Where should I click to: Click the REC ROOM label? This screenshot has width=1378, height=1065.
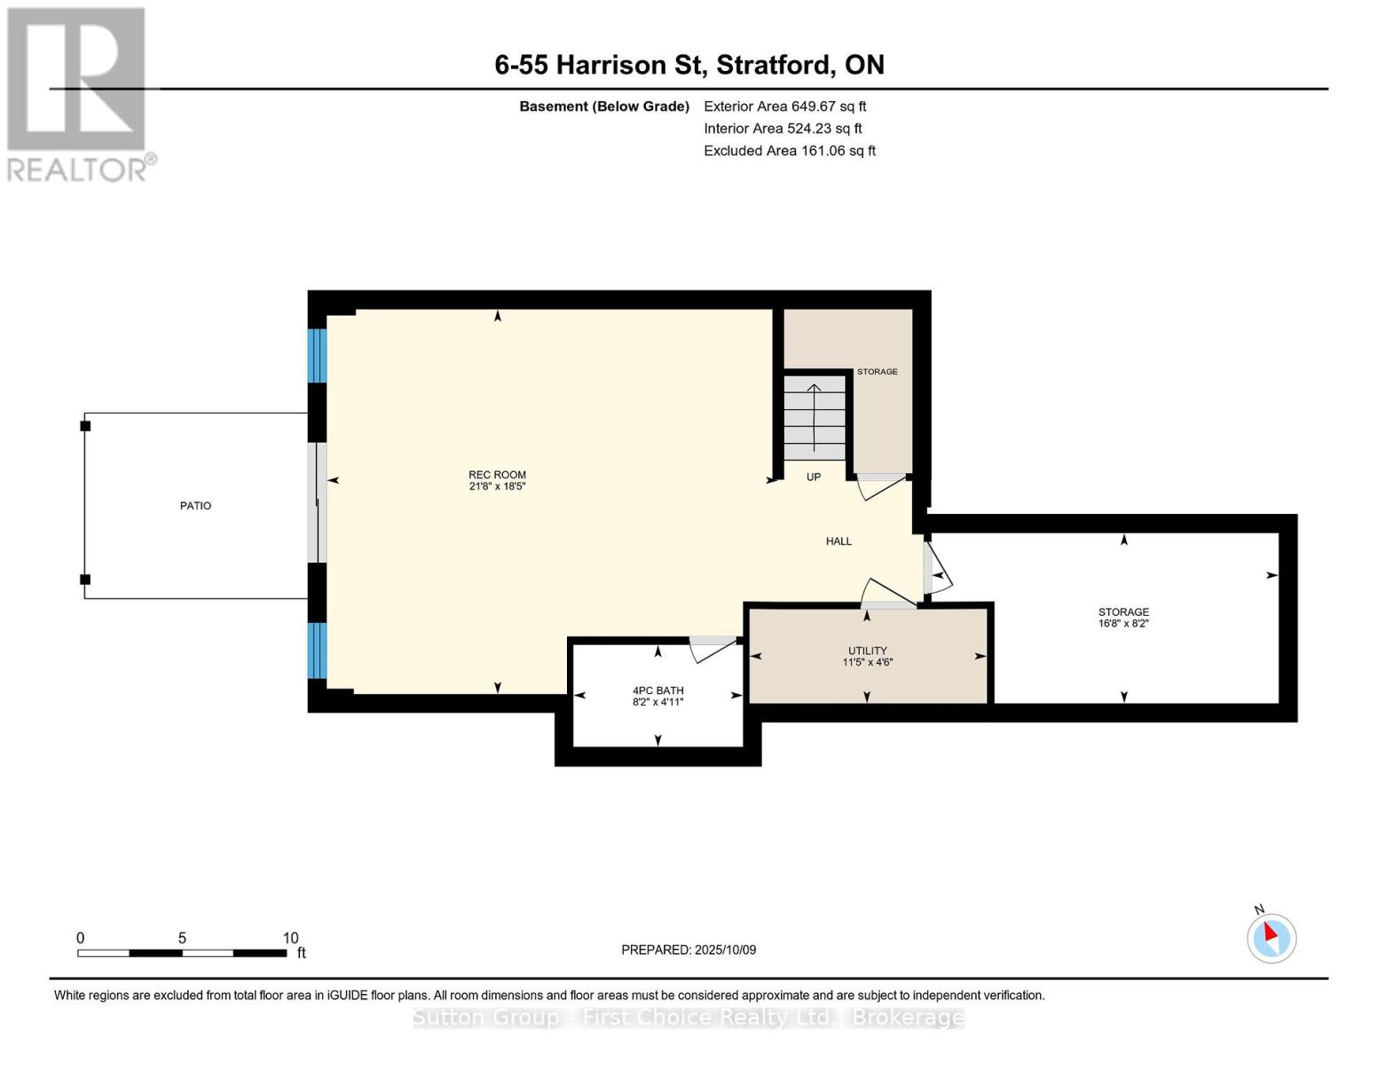click(x=497, y=475)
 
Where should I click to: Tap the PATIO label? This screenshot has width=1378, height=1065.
click(x=195, y=506)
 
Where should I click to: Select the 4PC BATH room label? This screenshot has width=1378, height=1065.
click(x=658, y=690)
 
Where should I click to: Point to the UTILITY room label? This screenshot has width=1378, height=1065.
click(x=868, y=651)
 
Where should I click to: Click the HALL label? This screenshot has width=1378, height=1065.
click(x=839, y=541)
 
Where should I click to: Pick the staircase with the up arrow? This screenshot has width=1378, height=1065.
click(x=815, y=418)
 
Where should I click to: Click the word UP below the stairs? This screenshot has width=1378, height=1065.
click(x=814, y=477)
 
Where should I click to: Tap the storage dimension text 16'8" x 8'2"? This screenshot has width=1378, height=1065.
click(x=1123, y=624)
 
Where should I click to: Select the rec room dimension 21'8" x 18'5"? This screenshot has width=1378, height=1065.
click(x=497, y=486)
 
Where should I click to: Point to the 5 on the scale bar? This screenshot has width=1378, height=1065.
click(x=182, y=938)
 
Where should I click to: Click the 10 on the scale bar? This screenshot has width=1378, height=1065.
click(x=290, y=938)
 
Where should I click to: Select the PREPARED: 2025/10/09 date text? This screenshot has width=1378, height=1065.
click(x=689, y=950)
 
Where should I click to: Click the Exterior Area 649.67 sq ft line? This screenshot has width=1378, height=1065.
click(x=785, y=106)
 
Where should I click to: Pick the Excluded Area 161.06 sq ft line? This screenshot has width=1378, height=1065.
click(x=790, y=151)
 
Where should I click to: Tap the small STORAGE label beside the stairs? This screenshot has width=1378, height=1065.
click(x=877, y=372)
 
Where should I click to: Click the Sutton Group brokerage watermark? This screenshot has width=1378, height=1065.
click(x=689, y=1017)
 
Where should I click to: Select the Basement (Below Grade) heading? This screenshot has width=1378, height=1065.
click(x=604, y=106)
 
